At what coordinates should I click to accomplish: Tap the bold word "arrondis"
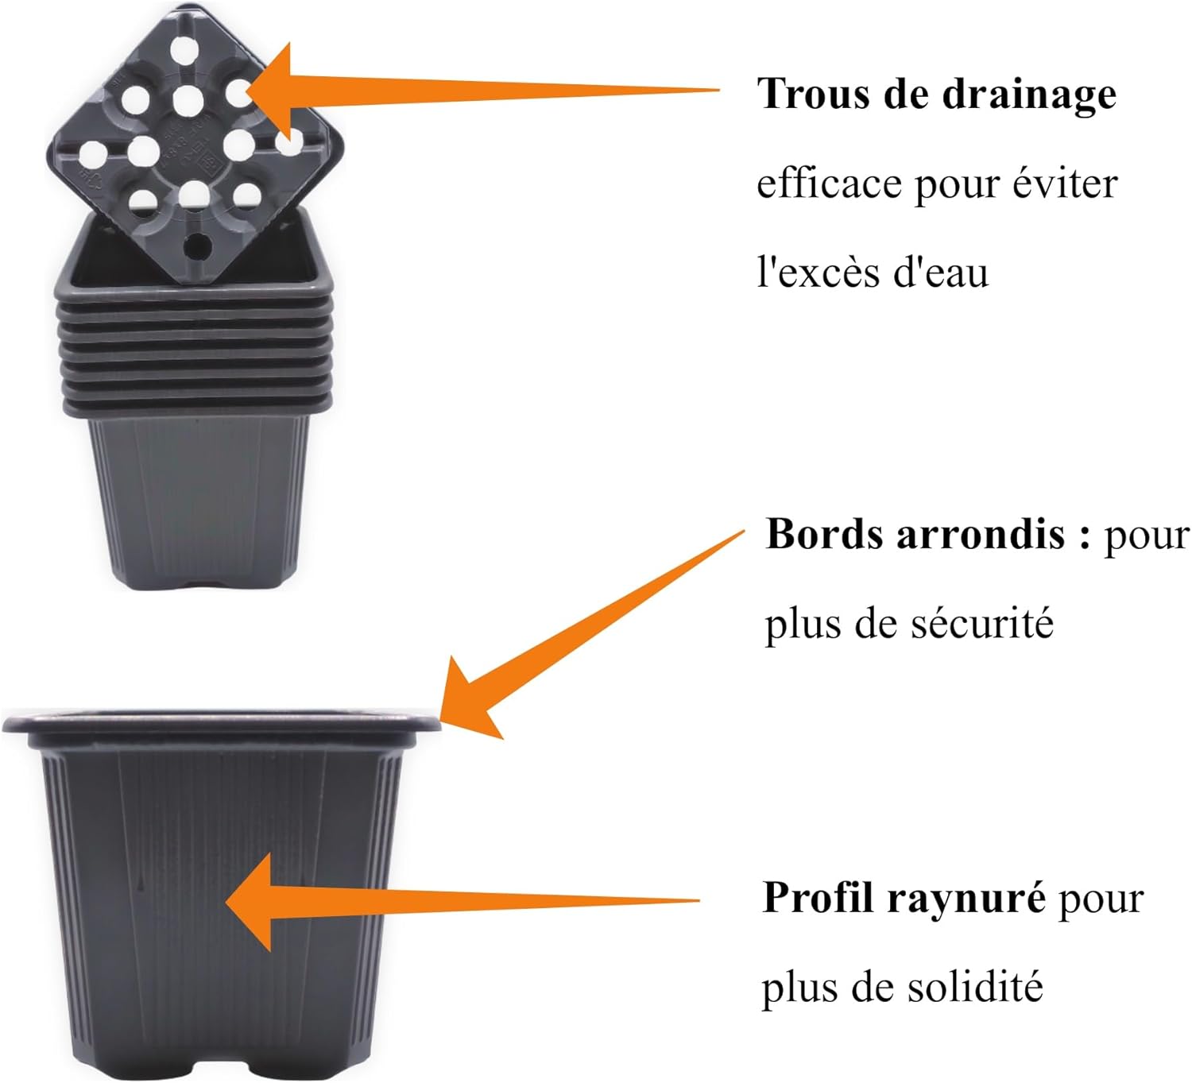980,535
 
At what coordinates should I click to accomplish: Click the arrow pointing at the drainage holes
477,89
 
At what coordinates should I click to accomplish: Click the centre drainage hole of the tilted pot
188,101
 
